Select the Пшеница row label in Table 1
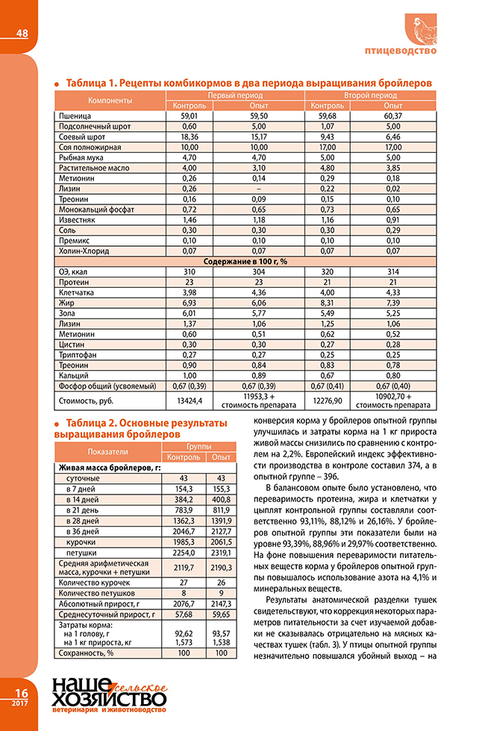coord(75,117)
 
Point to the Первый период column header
coord(234,96)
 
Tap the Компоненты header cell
coord(110,101)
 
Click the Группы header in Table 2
coord(198,446)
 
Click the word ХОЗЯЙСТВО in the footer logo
coord(109,699)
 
